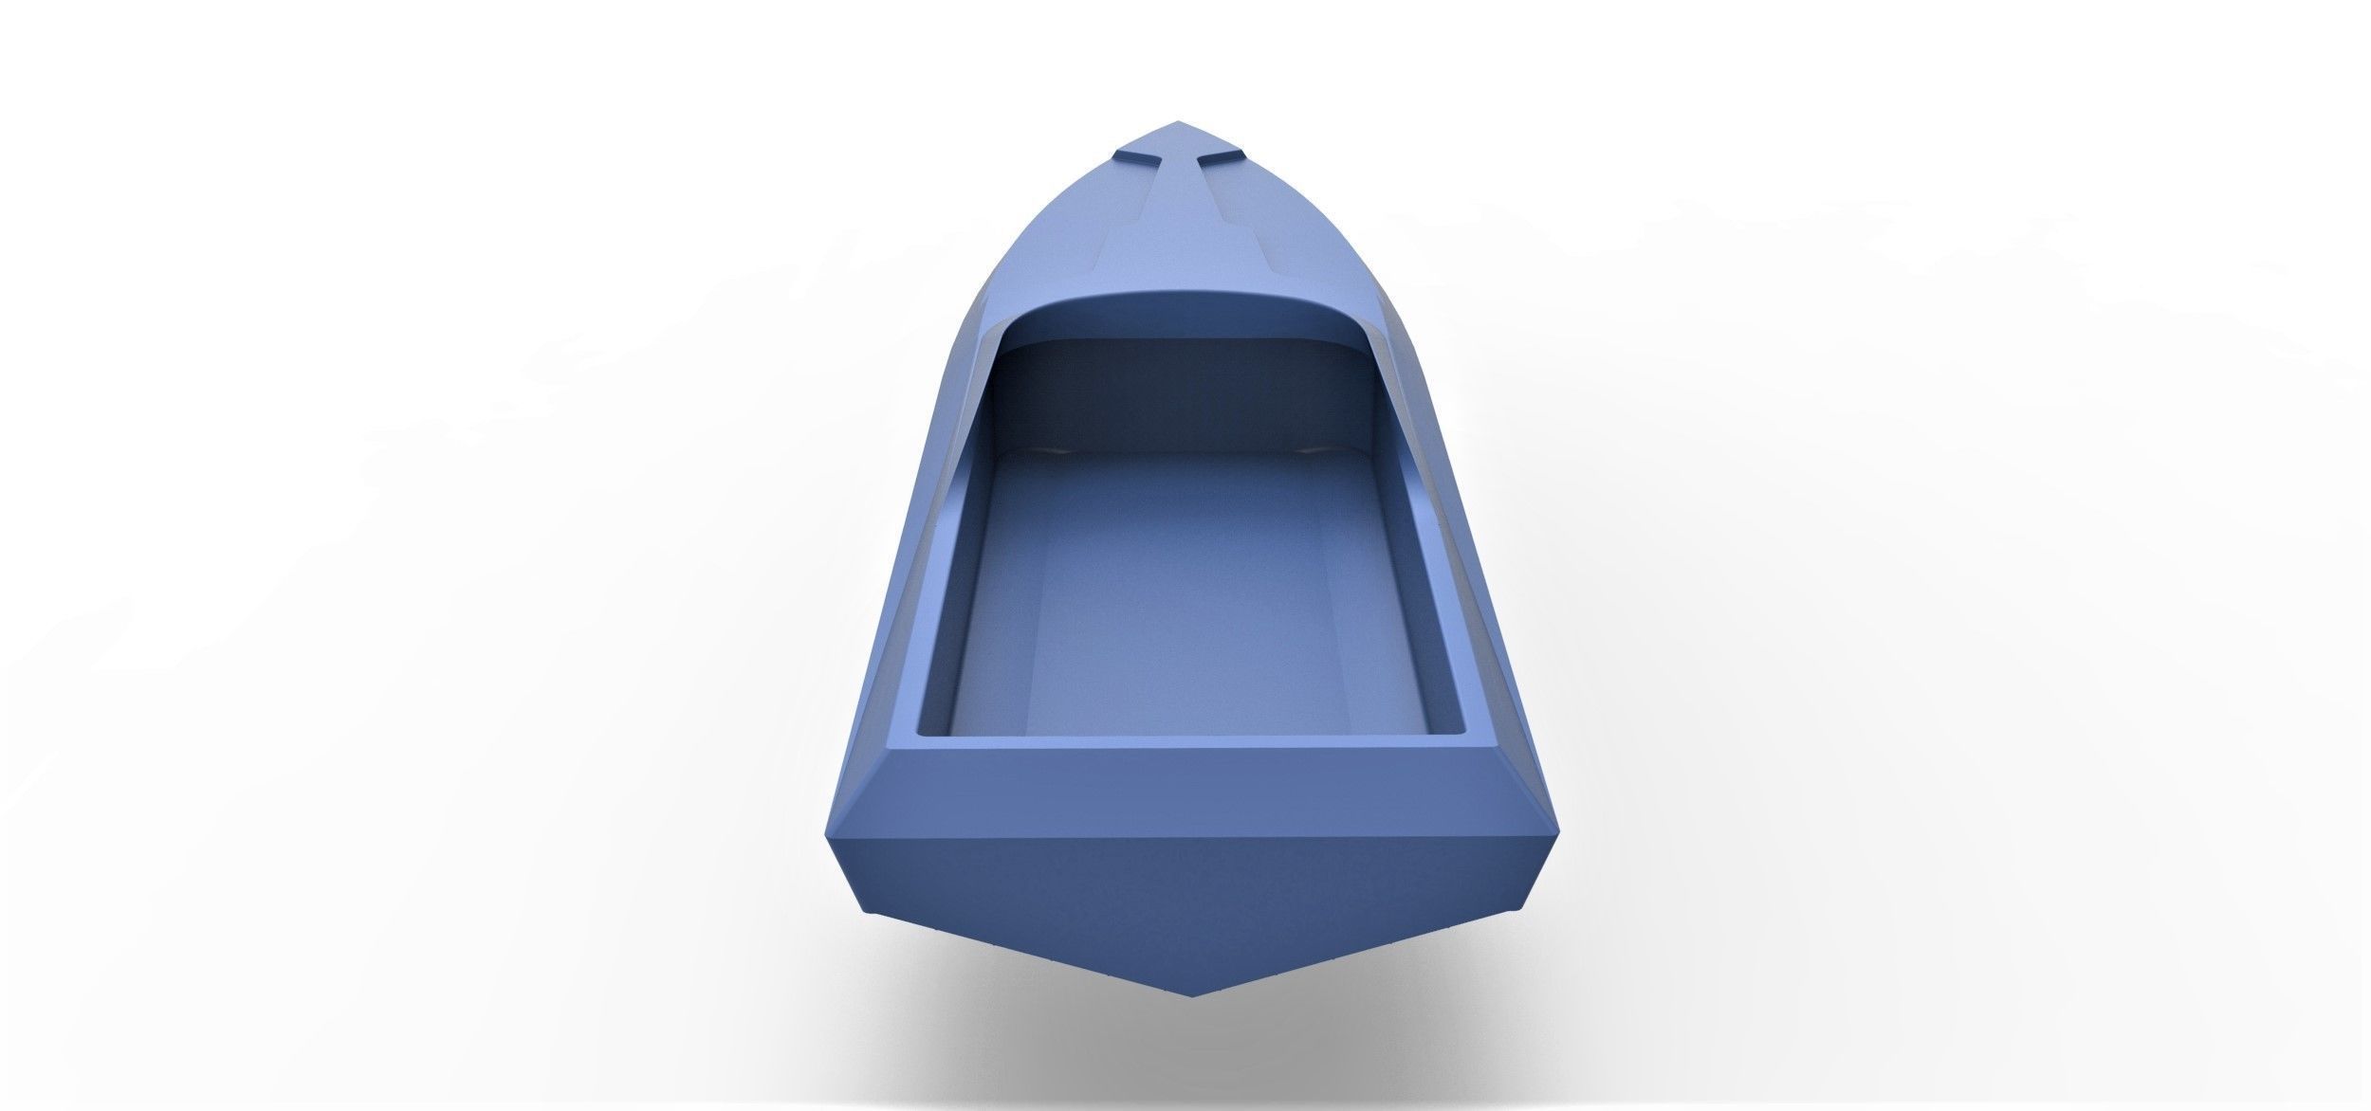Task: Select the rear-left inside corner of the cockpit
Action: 925,732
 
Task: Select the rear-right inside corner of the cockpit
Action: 1442,732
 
